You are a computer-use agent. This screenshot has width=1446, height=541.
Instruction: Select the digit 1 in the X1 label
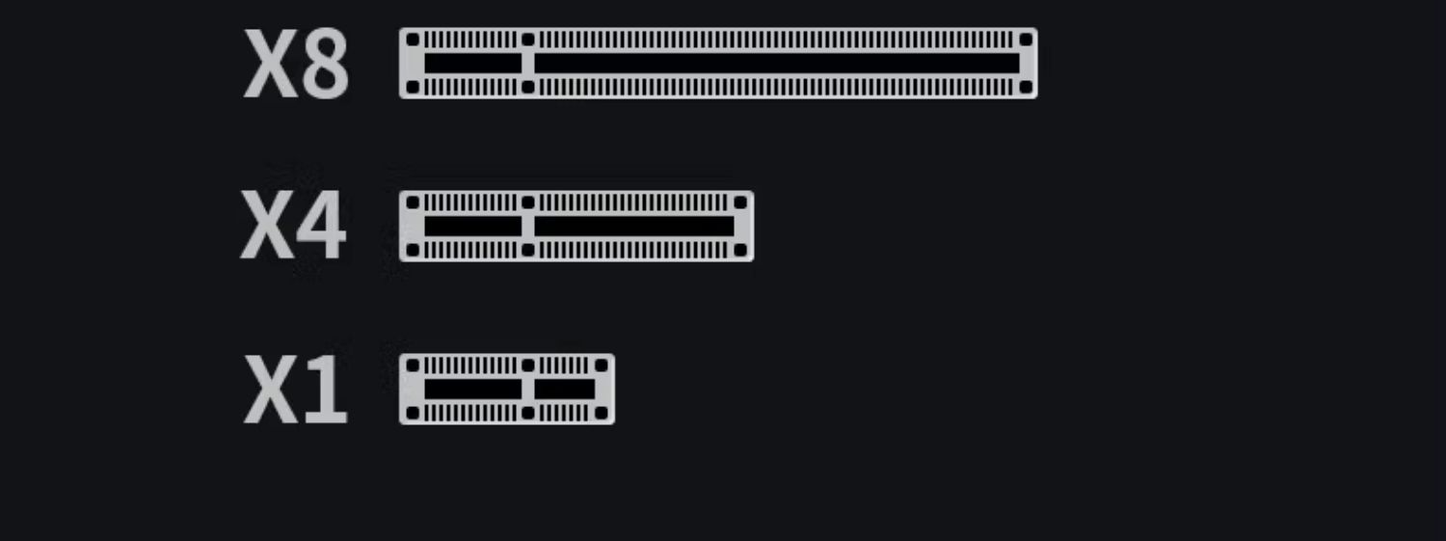326,391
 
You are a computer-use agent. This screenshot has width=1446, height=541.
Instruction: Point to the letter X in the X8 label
271,65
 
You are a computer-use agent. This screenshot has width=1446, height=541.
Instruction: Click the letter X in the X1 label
271,391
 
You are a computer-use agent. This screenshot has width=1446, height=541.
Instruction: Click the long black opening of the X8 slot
777,64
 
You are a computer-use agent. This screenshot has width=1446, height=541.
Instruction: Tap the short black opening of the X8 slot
472,64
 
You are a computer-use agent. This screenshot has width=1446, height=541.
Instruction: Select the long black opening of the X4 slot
634,227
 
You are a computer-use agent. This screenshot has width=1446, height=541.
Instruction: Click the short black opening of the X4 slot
472,227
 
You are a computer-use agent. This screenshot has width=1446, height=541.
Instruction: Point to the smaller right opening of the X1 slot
565,390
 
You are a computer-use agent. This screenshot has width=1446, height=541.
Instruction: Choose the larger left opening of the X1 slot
472,390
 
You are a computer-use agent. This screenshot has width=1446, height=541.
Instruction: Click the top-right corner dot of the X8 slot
1026,40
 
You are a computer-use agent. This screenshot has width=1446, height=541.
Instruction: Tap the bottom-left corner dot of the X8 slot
413,88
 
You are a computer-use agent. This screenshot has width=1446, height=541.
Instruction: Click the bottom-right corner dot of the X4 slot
741,251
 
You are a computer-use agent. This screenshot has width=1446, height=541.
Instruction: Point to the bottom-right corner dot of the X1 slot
602,414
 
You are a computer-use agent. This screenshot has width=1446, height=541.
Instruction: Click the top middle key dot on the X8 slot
527,40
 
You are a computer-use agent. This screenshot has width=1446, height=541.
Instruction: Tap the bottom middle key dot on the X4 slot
527,251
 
